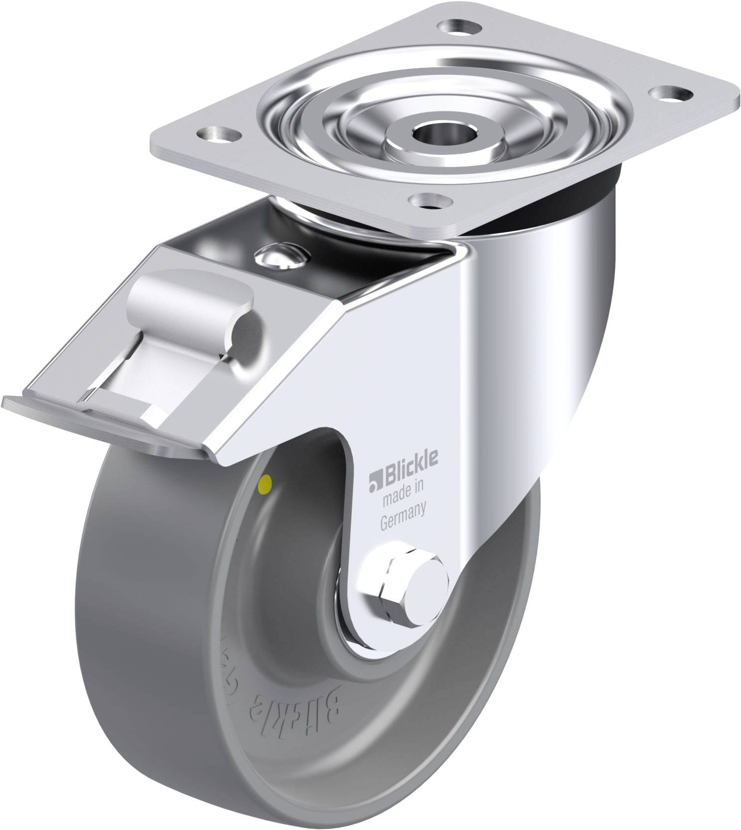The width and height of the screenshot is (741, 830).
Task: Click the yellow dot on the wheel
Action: click(267, 482)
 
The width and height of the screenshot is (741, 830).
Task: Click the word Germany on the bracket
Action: click(402, 511)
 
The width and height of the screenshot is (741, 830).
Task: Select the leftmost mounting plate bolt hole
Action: click(218, 134)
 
